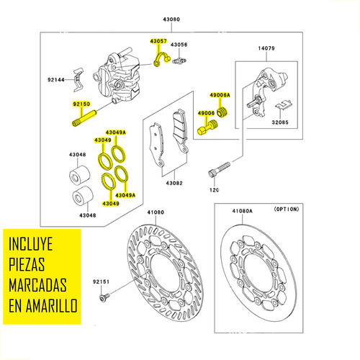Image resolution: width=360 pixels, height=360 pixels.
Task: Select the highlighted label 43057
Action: (158, 42)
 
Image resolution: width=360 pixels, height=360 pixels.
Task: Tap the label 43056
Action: (179, 45)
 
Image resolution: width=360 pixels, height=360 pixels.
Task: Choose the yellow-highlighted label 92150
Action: (81, 104)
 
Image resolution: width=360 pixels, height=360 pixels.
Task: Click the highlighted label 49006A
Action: (220, 95)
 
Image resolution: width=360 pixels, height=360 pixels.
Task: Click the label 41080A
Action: (243, 212)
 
